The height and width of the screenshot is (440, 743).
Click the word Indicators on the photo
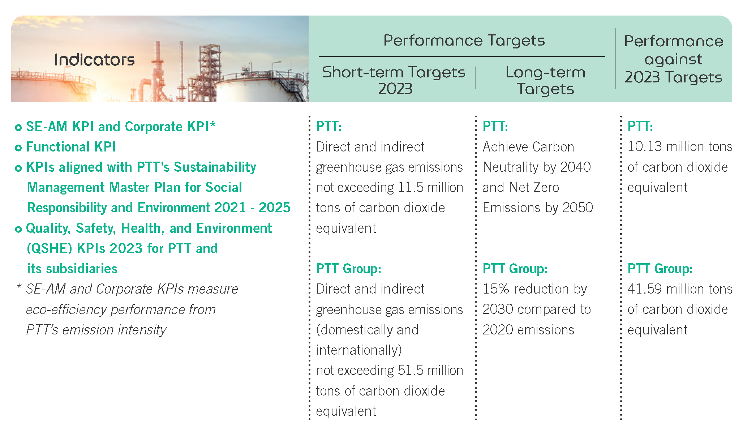pyautogui.click(x=94, y=60)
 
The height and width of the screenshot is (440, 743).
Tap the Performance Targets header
pyautogui.click(x=464, y=40)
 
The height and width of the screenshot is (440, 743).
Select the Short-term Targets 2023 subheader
pyautogui.click(x=394, y=80)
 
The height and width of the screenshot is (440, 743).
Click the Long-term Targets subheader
pyautogui.click(x=545, y=80)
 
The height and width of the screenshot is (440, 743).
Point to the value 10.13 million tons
pyautogui.click(x=680, y=146)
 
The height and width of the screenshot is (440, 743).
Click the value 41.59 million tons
pyautogui.click(x=680, y=289)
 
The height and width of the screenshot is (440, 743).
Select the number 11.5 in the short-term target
pyautogui.click(x=411, y=187)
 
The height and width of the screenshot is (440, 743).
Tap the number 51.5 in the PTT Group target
pyautogui.click(x=411, y=370)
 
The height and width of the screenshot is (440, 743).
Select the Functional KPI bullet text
pyautogui.click(x=71, y=147)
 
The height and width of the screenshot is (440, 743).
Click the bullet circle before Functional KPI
pyautogui.click(x=18, y=148)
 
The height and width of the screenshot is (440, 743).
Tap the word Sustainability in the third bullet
pyautogui.click(x=215, y=167)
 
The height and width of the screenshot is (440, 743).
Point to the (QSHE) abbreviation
pyautogui.click(x=50, y=248)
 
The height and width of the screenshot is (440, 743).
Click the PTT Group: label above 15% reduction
pyautogui.click(x=515, y=269)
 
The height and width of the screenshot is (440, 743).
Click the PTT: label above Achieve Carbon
pyautogui.click(x=495, y=126)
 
